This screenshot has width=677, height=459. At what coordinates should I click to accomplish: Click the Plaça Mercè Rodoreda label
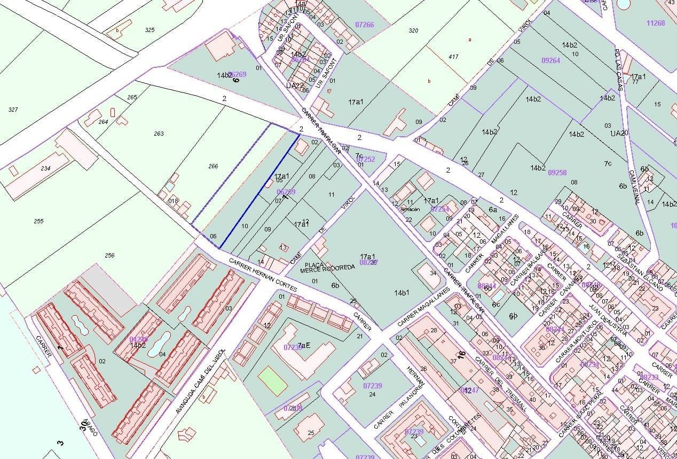tap(329, 267)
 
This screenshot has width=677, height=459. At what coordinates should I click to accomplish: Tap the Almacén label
tap(410, 209)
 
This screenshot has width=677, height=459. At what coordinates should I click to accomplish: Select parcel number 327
tap(13, 110)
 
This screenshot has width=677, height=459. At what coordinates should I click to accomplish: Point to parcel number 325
tap(149, 30)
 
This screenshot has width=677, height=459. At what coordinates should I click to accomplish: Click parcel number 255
tap(38, 221)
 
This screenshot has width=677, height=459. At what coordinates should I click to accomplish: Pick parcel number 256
tap(109, 255)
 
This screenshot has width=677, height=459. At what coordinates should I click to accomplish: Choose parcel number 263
tap(159, 134)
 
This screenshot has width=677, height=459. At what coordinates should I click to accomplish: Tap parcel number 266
tap(213, 166)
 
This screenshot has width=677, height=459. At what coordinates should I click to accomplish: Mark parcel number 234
tap(45, 168)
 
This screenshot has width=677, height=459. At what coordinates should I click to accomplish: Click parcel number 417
tap(453, 57)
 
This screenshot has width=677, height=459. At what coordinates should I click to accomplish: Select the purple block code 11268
tap(655, 23)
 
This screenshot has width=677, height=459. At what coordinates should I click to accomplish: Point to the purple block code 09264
tap(550, 60)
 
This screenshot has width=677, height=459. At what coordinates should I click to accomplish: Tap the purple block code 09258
tap(557, 173)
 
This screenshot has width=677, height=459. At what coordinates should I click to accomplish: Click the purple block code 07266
tap(364, 25)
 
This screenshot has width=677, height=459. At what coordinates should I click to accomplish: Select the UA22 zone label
tap(294, 85)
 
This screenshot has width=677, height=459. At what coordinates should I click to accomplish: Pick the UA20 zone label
tap(619, 133)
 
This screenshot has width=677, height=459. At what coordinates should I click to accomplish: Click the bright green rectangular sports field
tap(273, 381)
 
